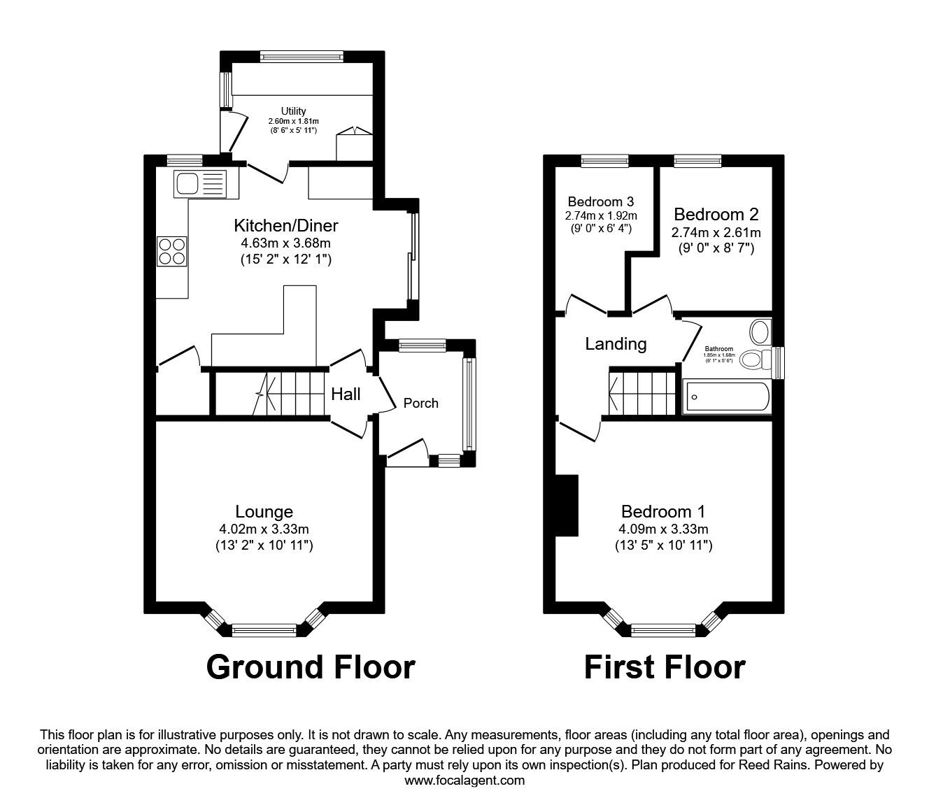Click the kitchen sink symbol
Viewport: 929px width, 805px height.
[199, 184]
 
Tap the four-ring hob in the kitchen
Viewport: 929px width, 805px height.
[172, 251]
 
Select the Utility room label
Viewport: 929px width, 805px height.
[293, 111]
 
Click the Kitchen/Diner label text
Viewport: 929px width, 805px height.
[285, 225]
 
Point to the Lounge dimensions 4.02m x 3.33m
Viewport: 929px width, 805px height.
[264, 529]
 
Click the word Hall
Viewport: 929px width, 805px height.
[346, 394]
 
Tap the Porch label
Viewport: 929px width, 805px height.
[421, 403]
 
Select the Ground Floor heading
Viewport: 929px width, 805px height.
[311, 667]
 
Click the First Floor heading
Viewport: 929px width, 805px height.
[664, 667]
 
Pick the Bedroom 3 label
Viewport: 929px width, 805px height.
[601, 201]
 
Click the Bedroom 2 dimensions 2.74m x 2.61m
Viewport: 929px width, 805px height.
[716, 232]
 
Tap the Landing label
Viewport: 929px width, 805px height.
[616, 343]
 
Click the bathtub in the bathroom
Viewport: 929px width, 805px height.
[727, 397]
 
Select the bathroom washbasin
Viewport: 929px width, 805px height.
[759, 330]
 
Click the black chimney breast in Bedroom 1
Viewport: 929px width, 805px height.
[567, 506]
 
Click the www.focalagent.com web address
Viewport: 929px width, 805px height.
[464, 781]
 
